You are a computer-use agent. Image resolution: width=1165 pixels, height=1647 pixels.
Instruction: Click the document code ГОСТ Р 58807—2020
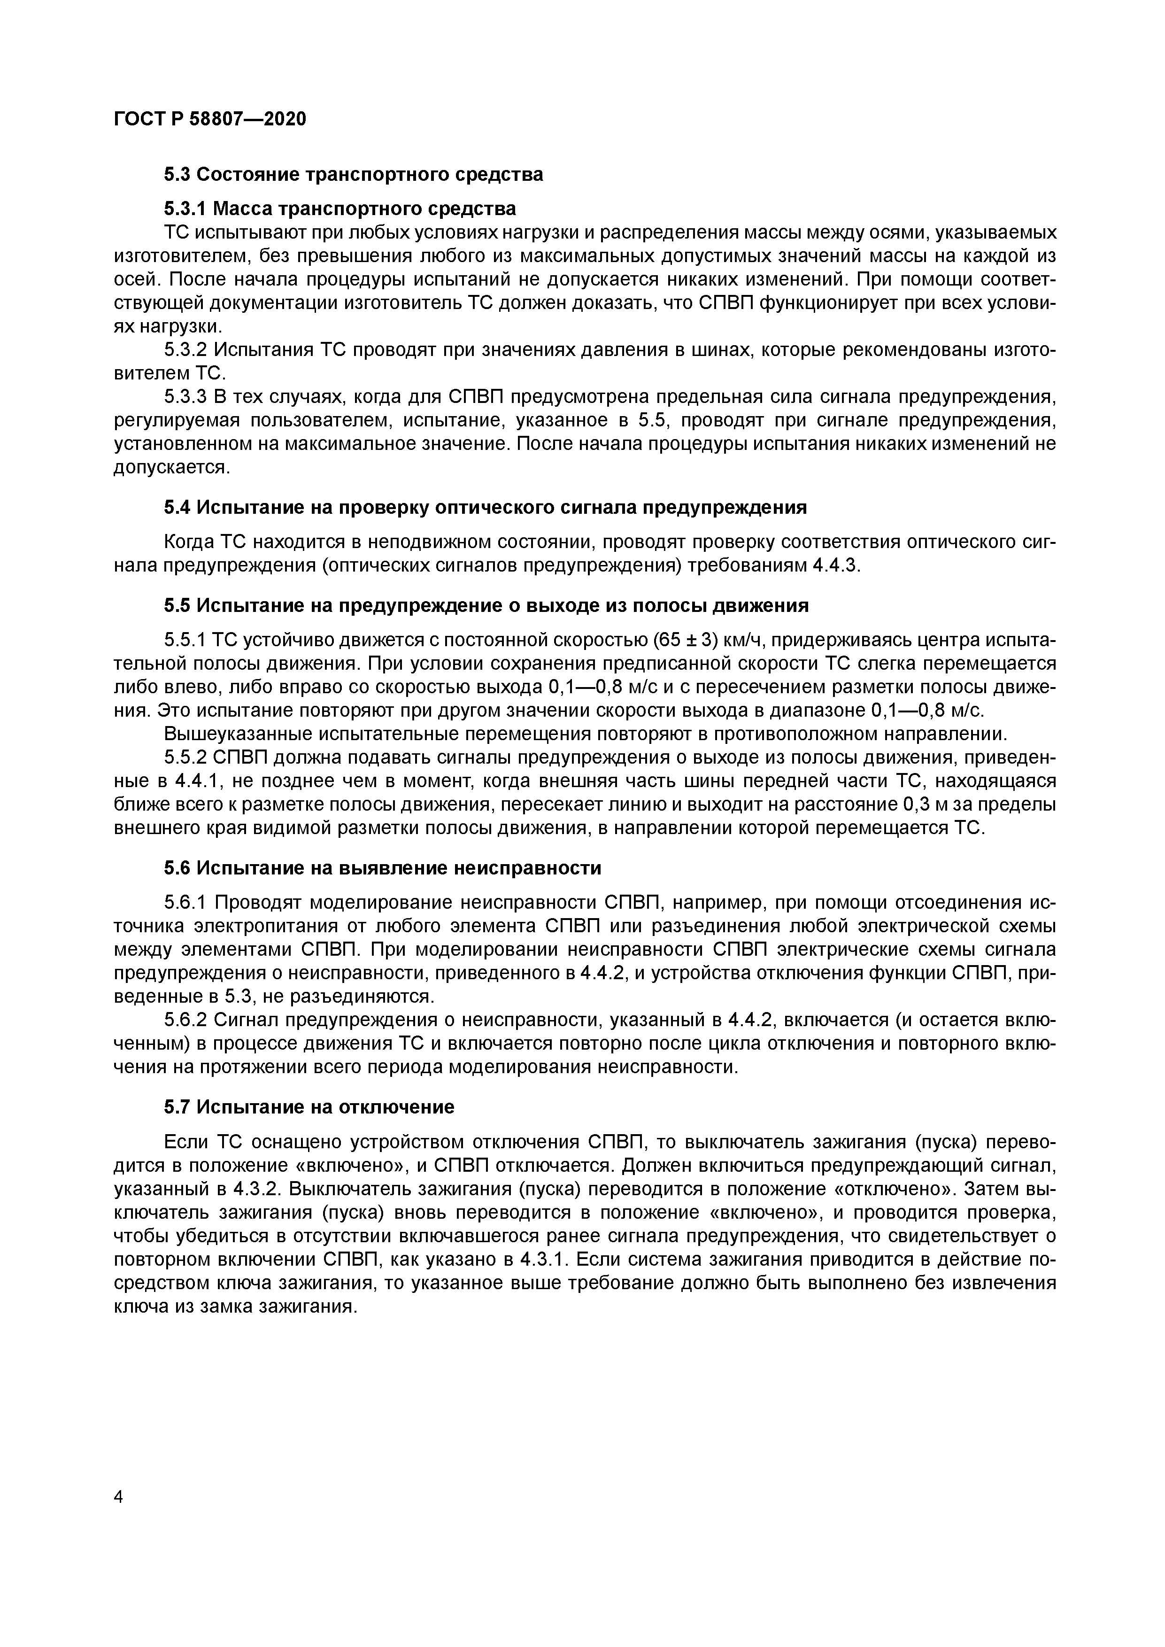tap(209, 118)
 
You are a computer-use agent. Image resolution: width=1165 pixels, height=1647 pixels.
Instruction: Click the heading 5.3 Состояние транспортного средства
tap(353, 174)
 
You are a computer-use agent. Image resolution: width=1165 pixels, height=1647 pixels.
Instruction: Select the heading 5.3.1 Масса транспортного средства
tap(339, 209)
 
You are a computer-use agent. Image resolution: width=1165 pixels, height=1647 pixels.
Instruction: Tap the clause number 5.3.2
tap(186, 350)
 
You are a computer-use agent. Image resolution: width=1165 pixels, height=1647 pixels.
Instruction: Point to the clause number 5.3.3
tap(186, 397)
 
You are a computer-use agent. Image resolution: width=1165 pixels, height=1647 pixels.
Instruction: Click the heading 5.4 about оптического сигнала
tap(485, 508)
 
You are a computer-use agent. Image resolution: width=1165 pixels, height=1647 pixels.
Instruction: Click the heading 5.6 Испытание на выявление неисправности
tap(382, 868)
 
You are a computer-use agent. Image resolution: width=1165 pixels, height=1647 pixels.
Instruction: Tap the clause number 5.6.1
tap(186, 903)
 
